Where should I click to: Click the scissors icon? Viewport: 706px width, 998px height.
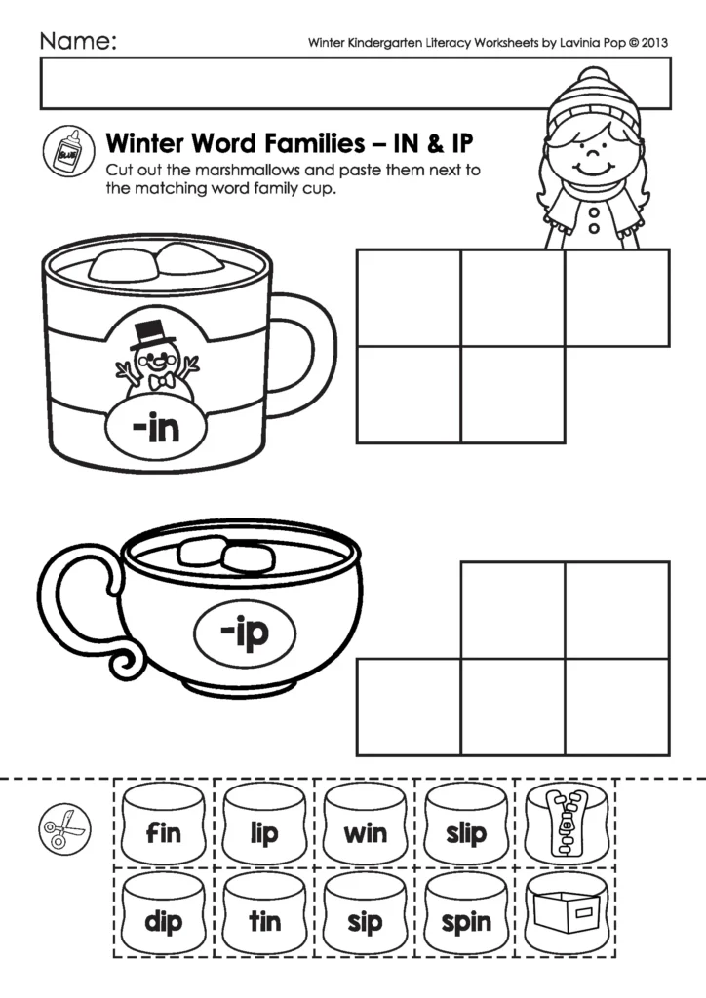pyautogui.click(x=58, y=830)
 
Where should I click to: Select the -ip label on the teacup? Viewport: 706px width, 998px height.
pyautogui.click(x=244, y=634)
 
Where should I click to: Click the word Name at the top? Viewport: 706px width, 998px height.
pyautogui.click(x=78, y=42)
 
